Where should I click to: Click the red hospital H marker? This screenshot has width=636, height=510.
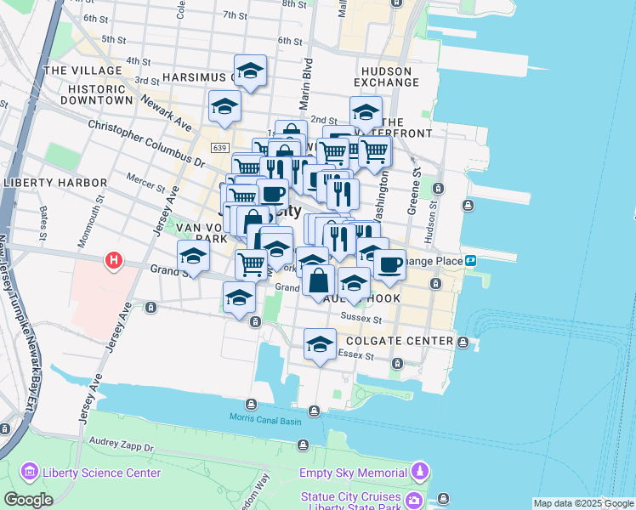(x=112, y=260)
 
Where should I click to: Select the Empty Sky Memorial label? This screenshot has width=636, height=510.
(x=352, y=473)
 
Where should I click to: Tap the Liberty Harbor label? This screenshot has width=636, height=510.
(x=55, y=183)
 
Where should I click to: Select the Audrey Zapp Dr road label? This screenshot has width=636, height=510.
(x=121, y=444)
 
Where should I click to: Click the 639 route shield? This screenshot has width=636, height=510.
(x=219, y=148)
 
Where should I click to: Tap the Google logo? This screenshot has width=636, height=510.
(x=28, y=500)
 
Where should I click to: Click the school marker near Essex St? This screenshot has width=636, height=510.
(x=320, y=344)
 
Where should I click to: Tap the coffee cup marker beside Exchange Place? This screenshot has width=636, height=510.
(x=389, y=264)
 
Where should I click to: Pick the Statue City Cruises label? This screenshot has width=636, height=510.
(x=349, y=496)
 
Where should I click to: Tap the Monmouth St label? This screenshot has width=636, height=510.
(x=87, y=224)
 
